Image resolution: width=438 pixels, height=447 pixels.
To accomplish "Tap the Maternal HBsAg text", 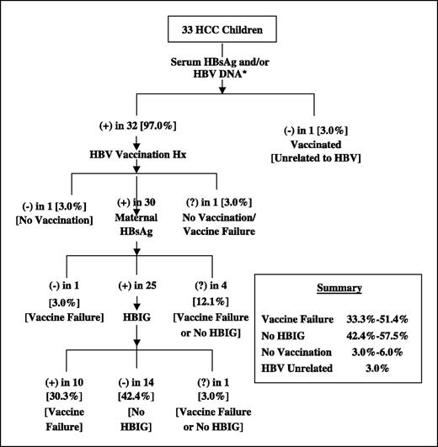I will click(x=133, y=228).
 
